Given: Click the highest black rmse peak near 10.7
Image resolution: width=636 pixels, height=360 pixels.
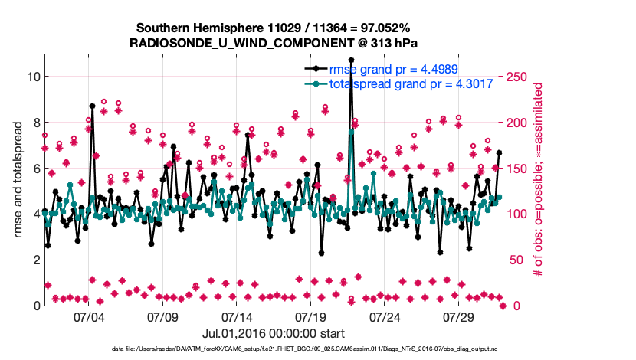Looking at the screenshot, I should click(351, 60).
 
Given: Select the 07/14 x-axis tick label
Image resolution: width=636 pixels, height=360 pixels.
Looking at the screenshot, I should click(237, 317).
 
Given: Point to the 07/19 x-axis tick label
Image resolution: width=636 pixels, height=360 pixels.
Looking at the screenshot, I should click(311, 317).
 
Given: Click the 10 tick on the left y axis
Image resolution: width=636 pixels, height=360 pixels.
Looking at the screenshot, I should click(31, 77).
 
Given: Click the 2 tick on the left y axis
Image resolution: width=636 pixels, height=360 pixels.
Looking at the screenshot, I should click(34, 260).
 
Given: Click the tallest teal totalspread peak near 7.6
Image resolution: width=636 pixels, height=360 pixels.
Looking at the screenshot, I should click(351, 131).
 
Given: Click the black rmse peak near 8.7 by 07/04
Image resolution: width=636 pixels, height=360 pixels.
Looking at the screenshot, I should click(92, 106).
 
